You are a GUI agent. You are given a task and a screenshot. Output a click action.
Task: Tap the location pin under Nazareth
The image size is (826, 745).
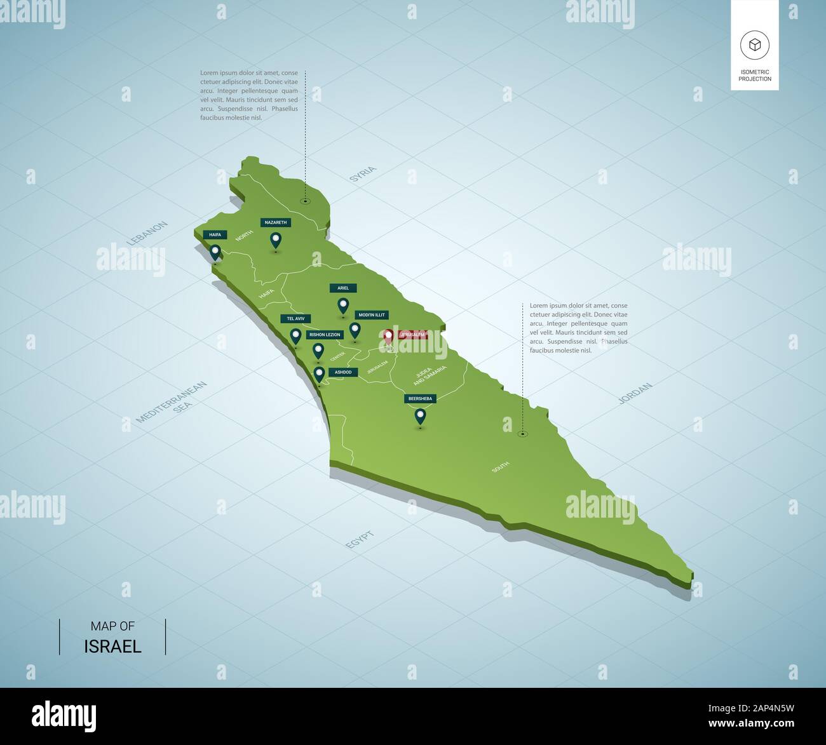click(276, 240)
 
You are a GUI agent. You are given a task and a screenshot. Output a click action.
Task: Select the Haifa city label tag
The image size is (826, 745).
click(215, 235)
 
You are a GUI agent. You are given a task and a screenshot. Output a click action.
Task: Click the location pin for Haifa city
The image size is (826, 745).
click(215, 253)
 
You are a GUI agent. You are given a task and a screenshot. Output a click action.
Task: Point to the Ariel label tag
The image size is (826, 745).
click(343, 288)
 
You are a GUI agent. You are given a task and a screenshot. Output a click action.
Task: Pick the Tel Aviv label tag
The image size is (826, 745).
click(295, 318)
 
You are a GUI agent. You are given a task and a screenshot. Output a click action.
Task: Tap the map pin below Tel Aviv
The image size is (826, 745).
click(295, 335)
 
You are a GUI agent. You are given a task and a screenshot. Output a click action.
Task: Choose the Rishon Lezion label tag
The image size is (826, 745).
click(325, 334)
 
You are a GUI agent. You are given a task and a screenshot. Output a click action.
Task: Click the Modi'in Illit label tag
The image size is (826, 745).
click(371, 315)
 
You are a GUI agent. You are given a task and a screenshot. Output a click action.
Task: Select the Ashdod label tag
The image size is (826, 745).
click(343, 372)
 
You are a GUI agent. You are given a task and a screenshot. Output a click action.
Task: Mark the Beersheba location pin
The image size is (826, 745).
click(420, 417)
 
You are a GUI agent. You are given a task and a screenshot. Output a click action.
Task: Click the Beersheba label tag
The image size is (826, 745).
click(420, 398)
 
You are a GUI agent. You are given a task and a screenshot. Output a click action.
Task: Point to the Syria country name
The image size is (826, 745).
click(363, 175)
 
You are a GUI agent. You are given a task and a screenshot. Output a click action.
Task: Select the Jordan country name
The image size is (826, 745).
click(635, 393)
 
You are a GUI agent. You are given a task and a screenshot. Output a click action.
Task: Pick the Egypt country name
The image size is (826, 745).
click(360, 540)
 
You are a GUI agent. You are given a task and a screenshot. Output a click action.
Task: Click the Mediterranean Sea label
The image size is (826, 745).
click(164, 402)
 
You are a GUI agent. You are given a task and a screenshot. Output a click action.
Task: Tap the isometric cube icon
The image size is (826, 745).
click(754, 44)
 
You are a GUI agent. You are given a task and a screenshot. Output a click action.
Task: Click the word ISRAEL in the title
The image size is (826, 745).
click(112, 647)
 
